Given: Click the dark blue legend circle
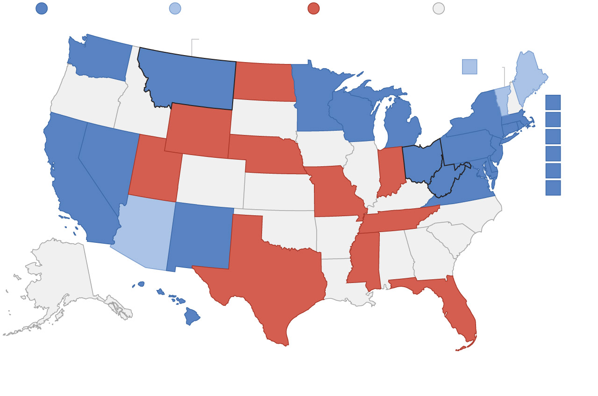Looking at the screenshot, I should click(42, 8).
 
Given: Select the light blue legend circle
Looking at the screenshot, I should click(175, 8).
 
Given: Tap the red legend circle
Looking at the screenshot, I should click(313, 8).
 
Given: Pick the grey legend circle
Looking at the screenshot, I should click(439, 8).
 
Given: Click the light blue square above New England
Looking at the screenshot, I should click(470, 67).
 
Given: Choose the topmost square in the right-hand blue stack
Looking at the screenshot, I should click(553, 102).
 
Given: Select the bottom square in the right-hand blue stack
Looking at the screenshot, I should click(553, 188).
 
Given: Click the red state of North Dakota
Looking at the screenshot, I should click(264, 82).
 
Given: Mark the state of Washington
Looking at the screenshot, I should click(100, 58).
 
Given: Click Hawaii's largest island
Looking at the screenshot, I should click(192, 316).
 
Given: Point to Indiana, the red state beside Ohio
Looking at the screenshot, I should click(391, 170).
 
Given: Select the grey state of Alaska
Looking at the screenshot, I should click(61, 276).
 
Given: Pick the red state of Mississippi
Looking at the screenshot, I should click(362, 257).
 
